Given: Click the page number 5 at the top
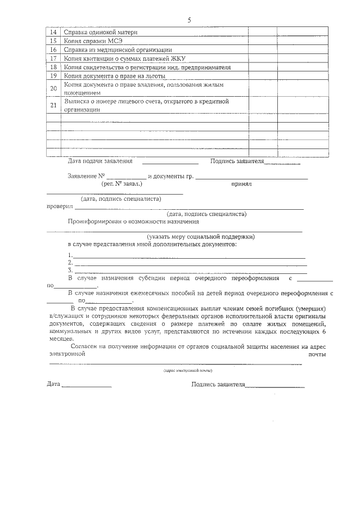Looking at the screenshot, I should click(x=189, y=20).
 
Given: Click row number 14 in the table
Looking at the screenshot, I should click(x=53, y=32).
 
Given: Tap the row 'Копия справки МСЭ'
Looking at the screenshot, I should click(x=93, y=41).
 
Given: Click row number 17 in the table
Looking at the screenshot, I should click(x=53, y=58).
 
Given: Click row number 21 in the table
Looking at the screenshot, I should click(x=53, y=106).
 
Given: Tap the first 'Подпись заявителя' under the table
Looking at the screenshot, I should click(x=237, y=161).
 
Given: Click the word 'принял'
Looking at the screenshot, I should click(x=241, y=184).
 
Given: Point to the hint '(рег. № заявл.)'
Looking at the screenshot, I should click(x=121, y=184).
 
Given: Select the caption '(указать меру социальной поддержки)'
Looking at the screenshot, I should click(x=201, y=237).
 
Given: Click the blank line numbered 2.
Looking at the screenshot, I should click(x=190, y=263).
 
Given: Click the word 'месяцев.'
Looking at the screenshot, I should click(x=61, y=340).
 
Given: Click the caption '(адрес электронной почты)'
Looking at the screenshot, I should click(x=188, y=371).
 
